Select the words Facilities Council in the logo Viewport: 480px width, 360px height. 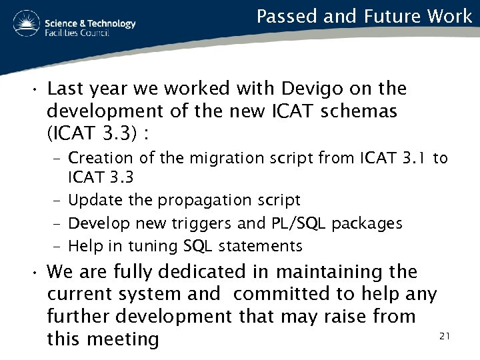[77, 33]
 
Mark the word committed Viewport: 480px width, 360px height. [284, 294]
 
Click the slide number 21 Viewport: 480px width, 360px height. [445, 337]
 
